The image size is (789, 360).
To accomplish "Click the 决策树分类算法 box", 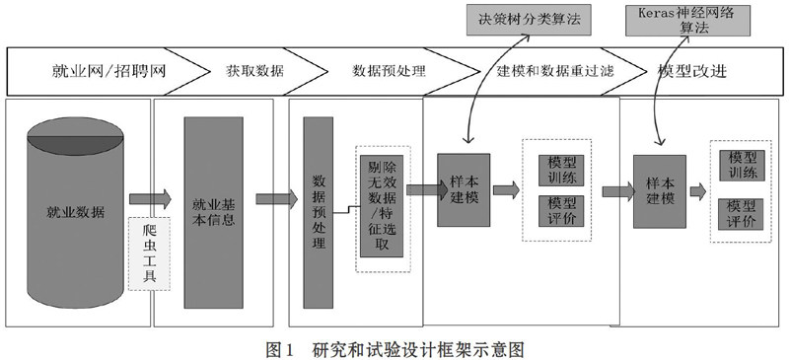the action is pos(529,20).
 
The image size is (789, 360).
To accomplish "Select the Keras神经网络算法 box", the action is pos(687,21).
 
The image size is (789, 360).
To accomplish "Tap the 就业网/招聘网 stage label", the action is pos(108,71).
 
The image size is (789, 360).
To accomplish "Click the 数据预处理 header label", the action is pos(389,71).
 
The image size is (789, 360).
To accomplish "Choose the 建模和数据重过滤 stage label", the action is pos(555,71).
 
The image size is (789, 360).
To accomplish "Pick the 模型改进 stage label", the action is pos(692,71).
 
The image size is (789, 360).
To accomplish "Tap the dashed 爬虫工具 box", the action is pos(150,253).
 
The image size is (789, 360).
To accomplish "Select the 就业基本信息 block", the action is pos(213,212).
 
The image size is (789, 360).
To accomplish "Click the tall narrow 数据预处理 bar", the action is pos(318,212).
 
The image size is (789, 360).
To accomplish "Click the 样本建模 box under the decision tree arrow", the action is pos(464,189).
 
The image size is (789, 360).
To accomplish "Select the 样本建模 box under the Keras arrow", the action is pos(660,191).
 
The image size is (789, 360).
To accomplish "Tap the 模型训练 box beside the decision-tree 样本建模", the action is pos(561,171).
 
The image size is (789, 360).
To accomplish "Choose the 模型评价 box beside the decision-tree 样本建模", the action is pos(561,211).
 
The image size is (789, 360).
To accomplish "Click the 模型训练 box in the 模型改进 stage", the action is pos(742,165).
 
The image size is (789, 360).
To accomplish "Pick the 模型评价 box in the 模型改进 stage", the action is pos(742,214).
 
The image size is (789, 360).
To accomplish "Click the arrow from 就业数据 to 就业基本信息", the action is pos(150,199).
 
